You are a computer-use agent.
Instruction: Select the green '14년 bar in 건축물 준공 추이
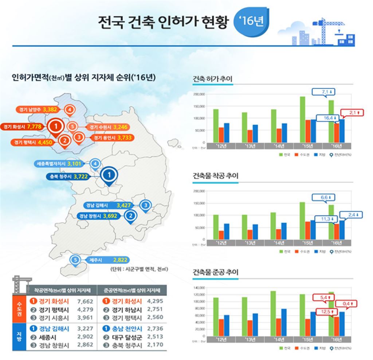pos(273,313)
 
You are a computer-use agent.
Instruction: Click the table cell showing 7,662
pos(85,302)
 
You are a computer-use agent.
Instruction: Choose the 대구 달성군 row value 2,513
pos(155,337)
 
